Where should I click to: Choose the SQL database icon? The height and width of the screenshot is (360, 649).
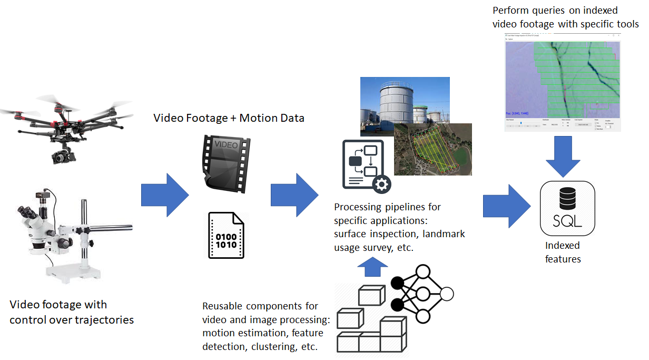click(567, 208)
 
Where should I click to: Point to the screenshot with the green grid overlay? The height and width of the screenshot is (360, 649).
click(562, 81)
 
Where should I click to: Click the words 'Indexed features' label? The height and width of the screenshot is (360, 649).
click(563, 252)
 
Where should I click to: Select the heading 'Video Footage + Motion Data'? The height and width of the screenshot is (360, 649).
click(229, 118)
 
